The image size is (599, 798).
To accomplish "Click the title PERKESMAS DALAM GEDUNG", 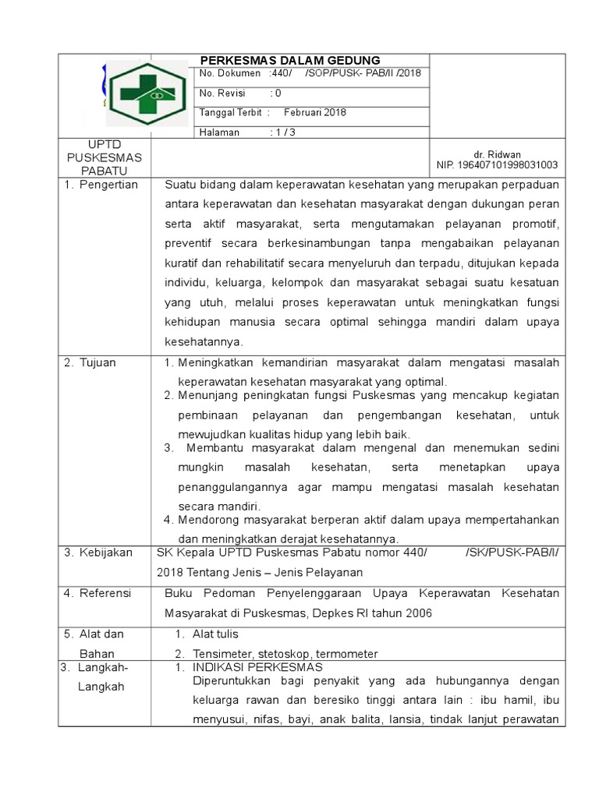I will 290,60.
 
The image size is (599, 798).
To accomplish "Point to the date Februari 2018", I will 314,112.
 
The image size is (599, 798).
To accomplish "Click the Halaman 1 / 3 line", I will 247,132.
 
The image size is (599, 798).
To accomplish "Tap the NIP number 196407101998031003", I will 497,165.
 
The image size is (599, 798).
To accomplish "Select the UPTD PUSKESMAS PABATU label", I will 105,157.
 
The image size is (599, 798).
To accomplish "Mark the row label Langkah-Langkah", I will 97,677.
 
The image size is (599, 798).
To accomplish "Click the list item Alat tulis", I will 215,634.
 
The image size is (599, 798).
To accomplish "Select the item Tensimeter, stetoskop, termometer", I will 285,654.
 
